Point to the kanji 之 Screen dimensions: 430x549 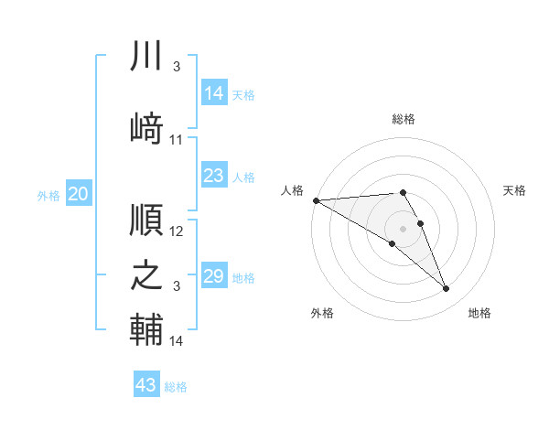click(x=147, y=275)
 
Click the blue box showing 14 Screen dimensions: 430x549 click(x=214, y=93)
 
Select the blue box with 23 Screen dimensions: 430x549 click(x=214, y=176)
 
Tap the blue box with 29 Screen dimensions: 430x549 click(x=214, y=276)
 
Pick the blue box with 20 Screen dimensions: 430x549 click(x=79, y=194)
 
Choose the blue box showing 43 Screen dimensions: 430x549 click(x=146, y=385)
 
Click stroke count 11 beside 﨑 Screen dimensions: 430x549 click(x=177, y=140)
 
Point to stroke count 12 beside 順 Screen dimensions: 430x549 click(x=177, y=231)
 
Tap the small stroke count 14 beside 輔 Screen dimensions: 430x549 click(x=177, y=341)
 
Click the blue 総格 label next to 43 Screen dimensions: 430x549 click(x=176, y=387)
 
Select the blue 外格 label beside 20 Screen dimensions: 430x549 click(x=48, y=195)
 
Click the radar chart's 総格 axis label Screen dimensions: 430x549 click(x=404, y=119)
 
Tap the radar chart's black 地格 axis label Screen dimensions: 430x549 click(x=479, y=313)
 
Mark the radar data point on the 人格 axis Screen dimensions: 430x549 click(x=316, y=200)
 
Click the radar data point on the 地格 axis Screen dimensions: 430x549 click(x=447, y=289)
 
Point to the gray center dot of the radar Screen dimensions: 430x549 click(x=404, y=228)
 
